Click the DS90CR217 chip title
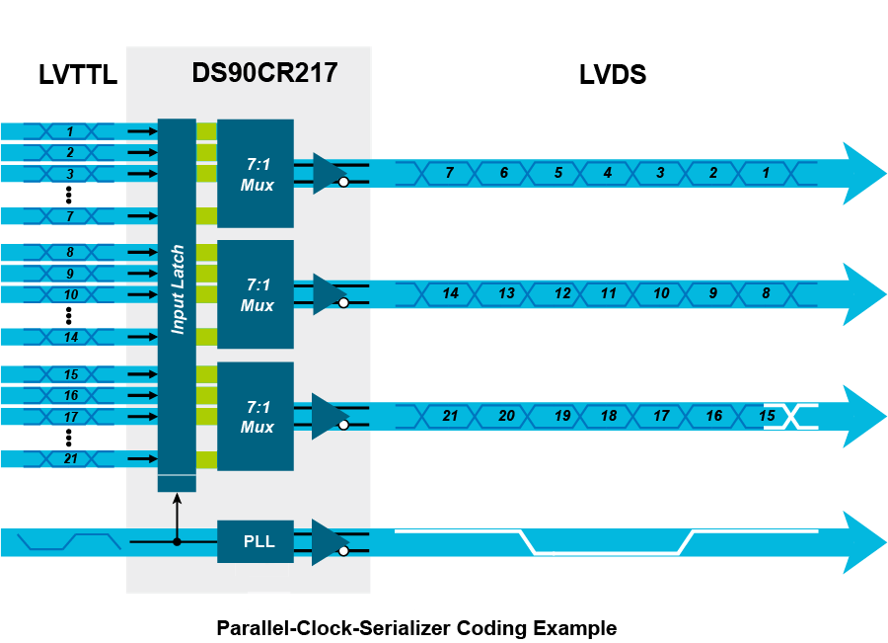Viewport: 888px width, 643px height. point(264,72)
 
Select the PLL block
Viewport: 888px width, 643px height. point(256,541)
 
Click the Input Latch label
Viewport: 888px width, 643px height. point(178,289)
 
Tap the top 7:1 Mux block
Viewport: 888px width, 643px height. point(256,173)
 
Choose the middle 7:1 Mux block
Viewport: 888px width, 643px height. point(256,294)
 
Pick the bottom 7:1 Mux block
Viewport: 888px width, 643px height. point(256,416)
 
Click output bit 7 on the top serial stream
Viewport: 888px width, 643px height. point(449,173)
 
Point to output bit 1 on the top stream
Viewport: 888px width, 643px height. point(765,173)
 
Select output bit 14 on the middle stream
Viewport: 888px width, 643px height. point(451,294)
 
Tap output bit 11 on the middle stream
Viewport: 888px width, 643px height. point(609,294)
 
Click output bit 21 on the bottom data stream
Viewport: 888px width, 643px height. point(451,416)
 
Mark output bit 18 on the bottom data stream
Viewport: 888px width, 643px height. point(609,416)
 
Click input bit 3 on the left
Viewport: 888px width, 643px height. point(70,174)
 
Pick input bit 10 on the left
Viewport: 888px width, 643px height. point(70,294)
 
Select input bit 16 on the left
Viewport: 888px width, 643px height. point(70,395)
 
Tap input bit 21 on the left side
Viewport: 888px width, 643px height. point(70,458)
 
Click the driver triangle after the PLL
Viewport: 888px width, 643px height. point(327,541)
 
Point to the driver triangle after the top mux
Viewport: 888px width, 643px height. point(328,173)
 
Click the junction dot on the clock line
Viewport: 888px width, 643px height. point(178,541)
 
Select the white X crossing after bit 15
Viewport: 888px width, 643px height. point(793,416)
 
